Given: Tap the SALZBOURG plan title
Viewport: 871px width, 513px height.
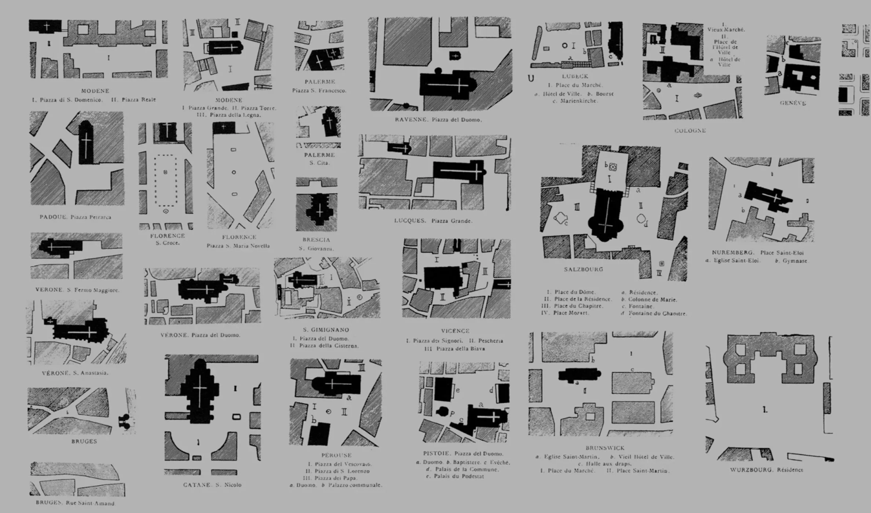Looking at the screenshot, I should pos(583,270).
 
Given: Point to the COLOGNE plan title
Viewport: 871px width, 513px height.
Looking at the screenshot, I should pos(690,131).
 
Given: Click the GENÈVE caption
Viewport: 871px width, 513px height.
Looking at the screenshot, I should pos(793,103).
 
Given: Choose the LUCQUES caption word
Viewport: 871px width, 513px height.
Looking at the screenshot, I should pos(410,221).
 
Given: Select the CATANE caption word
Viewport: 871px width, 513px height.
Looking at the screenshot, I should pos(197,485).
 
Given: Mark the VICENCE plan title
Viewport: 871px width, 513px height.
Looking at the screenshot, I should pos(455,331).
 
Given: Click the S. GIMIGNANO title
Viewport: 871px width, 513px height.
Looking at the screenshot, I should pos(326,330).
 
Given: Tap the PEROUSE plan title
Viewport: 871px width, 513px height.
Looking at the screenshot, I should pos(336,455).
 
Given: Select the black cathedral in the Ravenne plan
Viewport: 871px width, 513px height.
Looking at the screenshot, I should pos(447,85).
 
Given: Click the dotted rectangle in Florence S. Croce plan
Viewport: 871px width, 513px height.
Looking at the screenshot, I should pos(165,180).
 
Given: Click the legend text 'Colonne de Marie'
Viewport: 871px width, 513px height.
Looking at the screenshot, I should pos(652,300).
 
